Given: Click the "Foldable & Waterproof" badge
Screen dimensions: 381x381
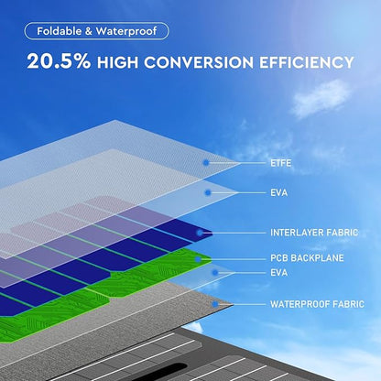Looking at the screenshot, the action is [x=96, y=31].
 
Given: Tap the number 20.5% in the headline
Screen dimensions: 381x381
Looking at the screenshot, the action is [x=59, y=61].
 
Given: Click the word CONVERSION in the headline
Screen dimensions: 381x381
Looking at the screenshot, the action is [x=199, y=62].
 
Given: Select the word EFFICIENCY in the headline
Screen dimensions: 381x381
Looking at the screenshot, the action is [x=307, y=62].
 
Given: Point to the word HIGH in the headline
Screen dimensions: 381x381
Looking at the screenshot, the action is [x=117, y=62].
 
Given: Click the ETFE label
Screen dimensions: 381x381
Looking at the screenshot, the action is [x=281, y=163].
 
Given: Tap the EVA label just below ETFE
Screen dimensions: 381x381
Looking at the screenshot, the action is [x=279, y=192].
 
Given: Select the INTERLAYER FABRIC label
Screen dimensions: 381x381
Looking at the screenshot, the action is [x=314, y=233].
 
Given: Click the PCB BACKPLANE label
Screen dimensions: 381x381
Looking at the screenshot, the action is [x=307, y=258].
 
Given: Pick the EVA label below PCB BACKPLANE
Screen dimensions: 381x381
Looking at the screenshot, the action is [x=279, y=272].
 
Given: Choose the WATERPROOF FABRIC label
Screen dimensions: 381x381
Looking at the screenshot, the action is [x=317, y=304].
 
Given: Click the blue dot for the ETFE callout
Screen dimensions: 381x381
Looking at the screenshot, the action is [x=206, y=163].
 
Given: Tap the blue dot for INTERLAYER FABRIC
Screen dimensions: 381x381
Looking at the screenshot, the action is [x=200, y=233].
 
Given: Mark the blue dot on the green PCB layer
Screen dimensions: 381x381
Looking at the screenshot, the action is [x=198, y=259].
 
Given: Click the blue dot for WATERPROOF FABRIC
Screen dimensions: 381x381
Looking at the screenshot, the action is [x=215, y=304].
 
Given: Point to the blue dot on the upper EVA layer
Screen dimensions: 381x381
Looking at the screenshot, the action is [x=208, y=192].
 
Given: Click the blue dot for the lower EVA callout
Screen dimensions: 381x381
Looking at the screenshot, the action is [x=215, y=273].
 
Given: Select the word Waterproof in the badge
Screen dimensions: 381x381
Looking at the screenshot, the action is [x=126, y=31].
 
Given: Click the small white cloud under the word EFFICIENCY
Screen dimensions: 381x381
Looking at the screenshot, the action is [x=321, y=98].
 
